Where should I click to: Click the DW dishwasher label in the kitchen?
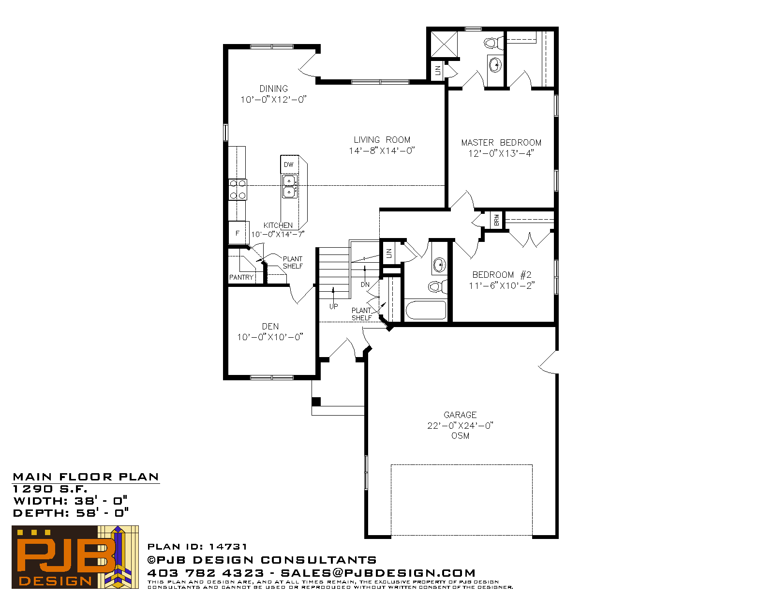coord(288,164)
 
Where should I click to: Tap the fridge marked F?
coord(238,233)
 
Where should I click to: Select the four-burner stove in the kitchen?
coord(238,190)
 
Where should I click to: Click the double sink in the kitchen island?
coord(289,186)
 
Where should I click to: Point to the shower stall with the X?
coord(444,44)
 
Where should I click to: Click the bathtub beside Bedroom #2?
coord(426,310)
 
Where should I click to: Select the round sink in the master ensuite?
coord(495,65)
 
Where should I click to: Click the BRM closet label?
coord(496,220)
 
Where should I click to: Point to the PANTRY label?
coord(241,277)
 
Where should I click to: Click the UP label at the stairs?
coord(333,306)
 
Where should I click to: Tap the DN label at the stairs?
coord(365,284)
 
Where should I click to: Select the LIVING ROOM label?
coord(382,140)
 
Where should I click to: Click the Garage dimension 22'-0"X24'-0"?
coord(460,425)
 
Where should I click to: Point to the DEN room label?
coord(270,326)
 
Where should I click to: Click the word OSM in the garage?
coord(460,435)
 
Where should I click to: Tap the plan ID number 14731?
coord(228,546)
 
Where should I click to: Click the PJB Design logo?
coord(75,557)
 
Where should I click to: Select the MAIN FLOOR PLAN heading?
coord(86,477)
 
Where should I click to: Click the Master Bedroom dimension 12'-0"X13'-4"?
coord(501,153)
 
